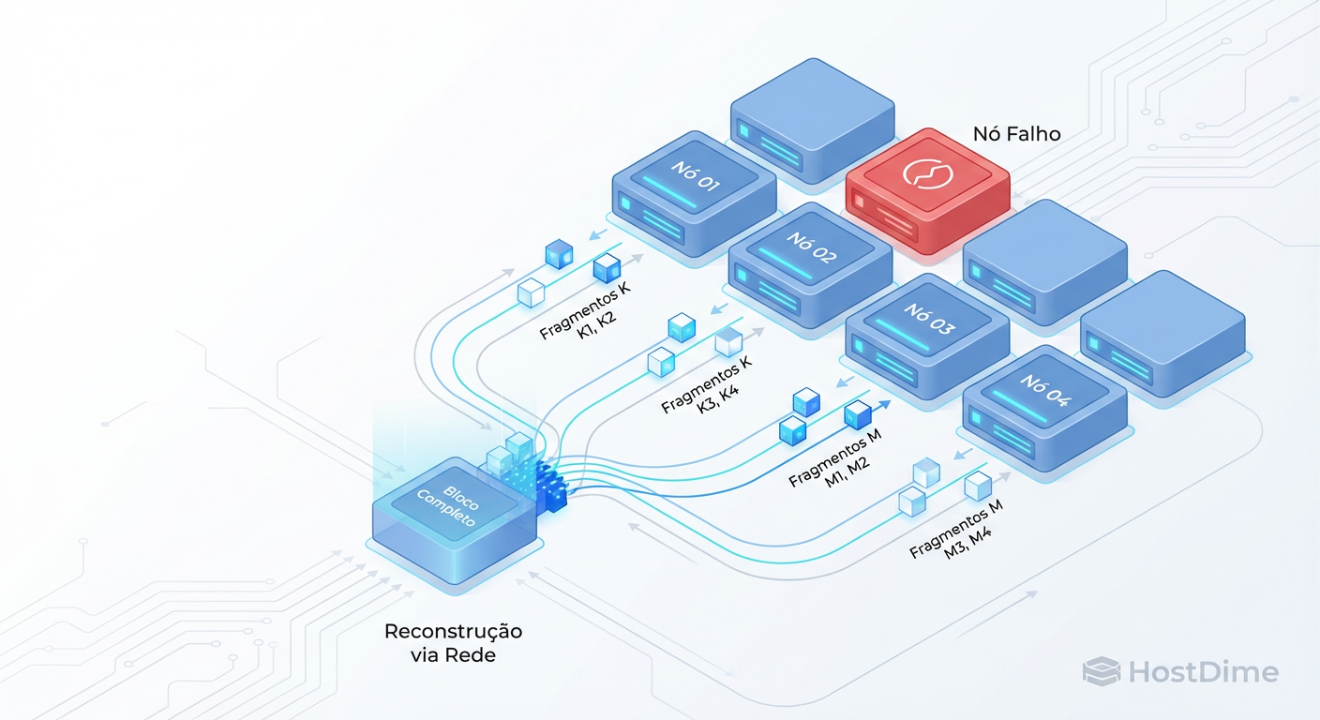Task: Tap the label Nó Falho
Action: pos(1016,134)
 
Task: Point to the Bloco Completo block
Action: pos(456,520)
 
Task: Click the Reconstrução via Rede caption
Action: pos(453,642)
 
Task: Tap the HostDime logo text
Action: pos(1203,672)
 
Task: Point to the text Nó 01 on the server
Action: pos(695,175)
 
